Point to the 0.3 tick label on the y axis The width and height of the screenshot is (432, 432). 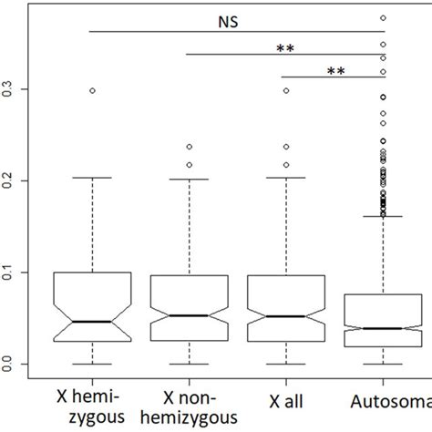(10, 89)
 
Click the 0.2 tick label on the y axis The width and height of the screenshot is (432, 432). (10, 181)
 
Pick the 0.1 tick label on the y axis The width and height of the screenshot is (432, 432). (10, 273)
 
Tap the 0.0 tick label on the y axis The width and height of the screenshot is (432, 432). (10, 365)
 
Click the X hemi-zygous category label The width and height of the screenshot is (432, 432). (91, 408)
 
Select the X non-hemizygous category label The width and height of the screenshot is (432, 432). (188, 408)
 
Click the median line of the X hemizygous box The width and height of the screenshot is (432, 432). (91, 322)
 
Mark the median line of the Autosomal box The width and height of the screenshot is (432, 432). (383, 328)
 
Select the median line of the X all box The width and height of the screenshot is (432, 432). (285, 316)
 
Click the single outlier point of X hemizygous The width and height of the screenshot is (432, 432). (91, 90)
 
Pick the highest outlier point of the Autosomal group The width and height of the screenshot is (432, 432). (383, 17)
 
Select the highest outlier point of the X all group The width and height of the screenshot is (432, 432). (285, 90)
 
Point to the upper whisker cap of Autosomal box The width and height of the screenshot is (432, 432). (383, 216)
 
